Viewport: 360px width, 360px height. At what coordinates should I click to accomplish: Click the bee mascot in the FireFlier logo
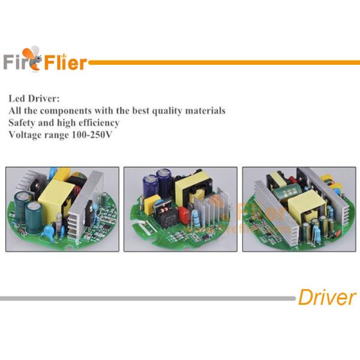[32, 59]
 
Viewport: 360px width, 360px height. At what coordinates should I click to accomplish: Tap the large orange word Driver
[327, 297]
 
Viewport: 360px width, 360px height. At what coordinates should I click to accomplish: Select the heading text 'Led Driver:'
[34, 98]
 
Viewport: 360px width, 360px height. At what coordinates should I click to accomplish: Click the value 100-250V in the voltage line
[92, 134]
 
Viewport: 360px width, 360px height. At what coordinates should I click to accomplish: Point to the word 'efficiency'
[99, 122]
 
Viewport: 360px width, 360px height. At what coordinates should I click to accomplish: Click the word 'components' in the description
[65, 111]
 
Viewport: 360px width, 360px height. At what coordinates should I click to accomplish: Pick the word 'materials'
[205, 110]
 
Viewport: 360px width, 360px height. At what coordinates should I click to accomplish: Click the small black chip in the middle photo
[206, 238]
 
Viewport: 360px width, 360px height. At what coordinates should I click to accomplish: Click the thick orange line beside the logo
[224, 62]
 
